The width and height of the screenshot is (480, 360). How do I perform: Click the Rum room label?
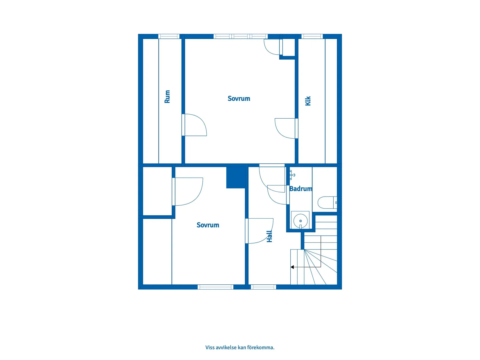point(167,96)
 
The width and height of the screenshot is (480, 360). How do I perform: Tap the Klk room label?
point(308,101)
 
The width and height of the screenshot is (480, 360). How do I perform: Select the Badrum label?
point(301,189)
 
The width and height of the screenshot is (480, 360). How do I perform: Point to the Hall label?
point(269,236)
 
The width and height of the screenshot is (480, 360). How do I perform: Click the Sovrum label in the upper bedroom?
point(239,99)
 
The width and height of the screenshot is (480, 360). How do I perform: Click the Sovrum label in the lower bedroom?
point(208,225)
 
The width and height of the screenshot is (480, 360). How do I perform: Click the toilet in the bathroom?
point(327,202)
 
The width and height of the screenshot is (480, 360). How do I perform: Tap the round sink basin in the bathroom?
point(301,221)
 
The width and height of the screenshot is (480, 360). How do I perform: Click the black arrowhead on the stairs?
point(292,267)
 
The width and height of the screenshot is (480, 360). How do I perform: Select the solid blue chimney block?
point(236,177)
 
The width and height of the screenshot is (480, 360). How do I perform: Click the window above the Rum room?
point(169,36)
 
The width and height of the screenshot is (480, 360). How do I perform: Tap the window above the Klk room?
point(312,36)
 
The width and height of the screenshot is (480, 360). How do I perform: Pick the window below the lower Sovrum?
point(215,287)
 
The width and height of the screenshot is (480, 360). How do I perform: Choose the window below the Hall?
point(263,287)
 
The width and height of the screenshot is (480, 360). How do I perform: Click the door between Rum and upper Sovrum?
point(194,125)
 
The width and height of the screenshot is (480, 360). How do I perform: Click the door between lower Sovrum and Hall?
point(259,231)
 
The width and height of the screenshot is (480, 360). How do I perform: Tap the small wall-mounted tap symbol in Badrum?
point(292,174)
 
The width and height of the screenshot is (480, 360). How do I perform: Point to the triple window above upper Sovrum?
point(241,36)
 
